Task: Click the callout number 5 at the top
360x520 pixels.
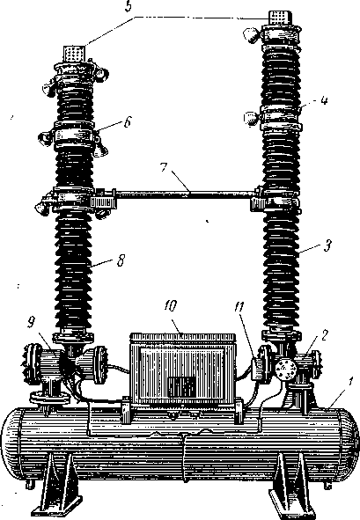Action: [x=129, y=7]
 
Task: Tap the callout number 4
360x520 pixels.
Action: [x=324, y=100]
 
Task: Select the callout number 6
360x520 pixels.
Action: [x=127, y=121]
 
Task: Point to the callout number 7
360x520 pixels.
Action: [x=164, y=167]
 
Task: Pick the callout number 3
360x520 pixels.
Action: [x=327, y=246]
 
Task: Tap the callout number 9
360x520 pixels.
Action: [x=31, y=323]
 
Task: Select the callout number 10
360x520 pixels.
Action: [x=170, y=306]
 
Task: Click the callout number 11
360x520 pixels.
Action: [x=239, y=307]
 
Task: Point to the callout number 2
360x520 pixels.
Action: [x=324, y=335]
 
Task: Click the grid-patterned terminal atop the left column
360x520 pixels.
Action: [x=74, y=53]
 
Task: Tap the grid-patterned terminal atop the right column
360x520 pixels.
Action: [x=279, y=18]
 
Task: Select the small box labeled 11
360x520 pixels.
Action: [x=258, y=369]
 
